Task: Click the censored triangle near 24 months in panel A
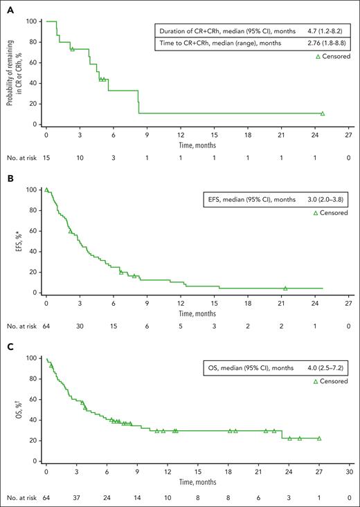[x=323, y=113]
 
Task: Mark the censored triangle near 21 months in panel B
[x=285, y=288]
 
